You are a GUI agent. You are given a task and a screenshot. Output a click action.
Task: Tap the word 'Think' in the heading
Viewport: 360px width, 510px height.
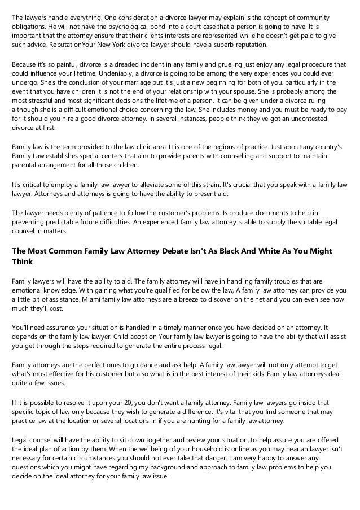24,261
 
